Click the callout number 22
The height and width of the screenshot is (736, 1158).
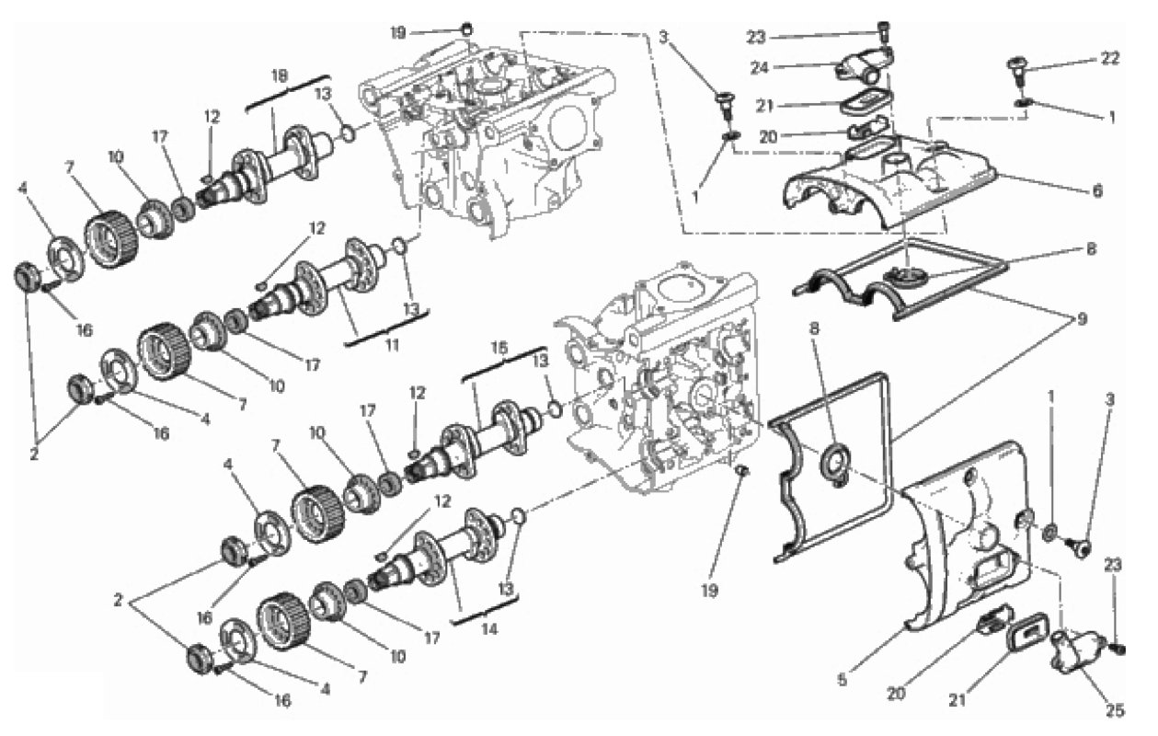(1110, 59)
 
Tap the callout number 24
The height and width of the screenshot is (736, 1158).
(759, 68)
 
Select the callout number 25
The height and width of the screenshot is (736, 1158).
(1115, 710)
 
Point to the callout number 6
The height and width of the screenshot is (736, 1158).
(1097, 190)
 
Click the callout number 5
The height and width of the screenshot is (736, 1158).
(843, 680)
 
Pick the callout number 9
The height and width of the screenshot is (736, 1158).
(1082, 319)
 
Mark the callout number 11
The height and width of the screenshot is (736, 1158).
(393, 345)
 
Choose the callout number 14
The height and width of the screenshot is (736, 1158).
(489, 629)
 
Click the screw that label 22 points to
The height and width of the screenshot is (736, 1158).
(1017, 74)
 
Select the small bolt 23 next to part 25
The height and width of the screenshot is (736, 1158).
(1118, 648)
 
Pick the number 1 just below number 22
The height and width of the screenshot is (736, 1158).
(1111, 118)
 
